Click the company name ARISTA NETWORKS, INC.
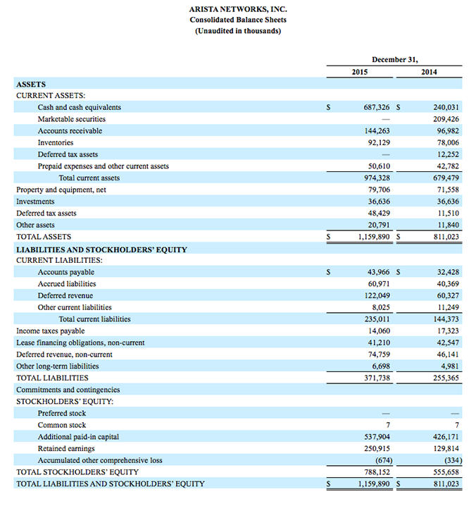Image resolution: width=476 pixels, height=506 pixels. [238, 9]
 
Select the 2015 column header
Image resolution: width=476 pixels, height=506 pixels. [359, 72]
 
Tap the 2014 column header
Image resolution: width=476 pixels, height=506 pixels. [429, 72]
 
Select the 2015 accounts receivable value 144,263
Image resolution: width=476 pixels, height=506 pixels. [375, 131]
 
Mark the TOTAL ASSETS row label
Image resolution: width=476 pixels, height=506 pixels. [44, 237]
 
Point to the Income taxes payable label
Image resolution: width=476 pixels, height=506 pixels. [51, 331]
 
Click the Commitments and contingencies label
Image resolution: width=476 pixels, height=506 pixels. [68, 390]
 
